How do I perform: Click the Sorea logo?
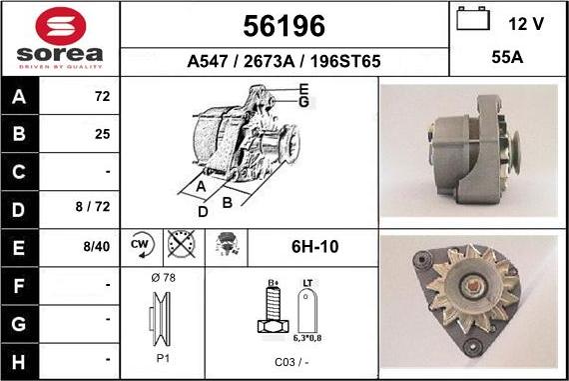pyautogui.click(x=60, y=38)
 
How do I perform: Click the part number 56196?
pyautogui.click(x=284, y=25)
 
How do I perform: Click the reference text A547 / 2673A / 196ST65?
pyautogui.click(x=284, y=61)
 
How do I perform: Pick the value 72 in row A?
pyautogui.click(x=101, y=99)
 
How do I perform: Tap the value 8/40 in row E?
pyautogui.click(x=95, y=246)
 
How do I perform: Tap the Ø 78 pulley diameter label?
pyautogui.click(x=163, y=277)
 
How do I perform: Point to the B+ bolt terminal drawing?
pyautogui.click(x=271, y=310)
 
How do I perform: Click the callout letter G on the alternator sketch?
pyautogui.click(x=303, y=102)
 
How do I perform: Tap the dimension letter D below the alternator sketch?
pyautogui.click(x=203, y=211)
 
